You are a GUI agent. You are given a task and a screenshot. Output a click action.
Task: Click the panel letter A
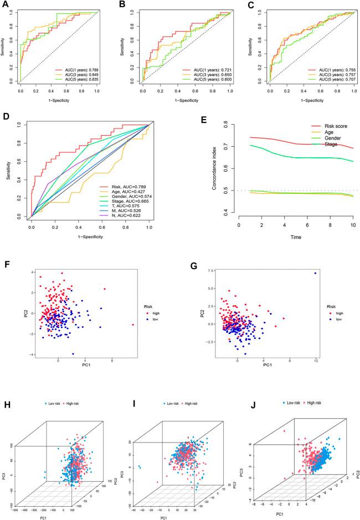point(5,5)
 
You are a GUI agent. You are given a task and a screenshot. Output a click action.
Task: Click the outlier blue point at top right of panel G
point(315,273)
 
